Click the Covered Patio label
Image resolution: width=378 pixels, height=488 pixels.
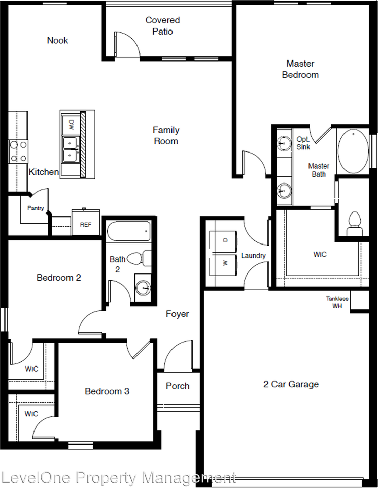(162, 26)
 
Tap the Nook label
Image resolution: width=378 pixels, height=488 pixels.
(57, 40)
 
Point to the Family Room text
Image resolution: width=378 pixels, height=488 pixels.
(166, 136)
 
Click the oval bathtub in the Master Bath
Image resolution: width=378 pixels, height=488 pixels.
(353, 151)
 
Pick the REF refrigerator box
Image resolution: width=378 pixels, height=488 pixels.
(85, 224)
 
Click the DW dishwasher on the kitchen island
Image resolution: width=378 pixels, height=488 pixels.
(71, 124)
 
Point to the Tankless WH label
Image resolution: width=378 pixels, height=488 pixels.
(337, 302)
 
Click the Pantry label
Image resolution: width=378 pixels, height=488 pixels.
(36, 208)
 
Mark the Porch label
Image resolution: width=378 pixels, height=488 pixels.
(178, 386)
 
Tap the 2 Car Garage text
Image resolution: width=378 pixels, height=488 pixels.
(291, 384)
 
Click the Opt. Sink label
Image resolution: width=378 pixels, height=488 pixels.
(303, 143)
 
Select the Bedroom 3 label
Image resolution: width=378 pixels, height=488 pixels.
(107, 391)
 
